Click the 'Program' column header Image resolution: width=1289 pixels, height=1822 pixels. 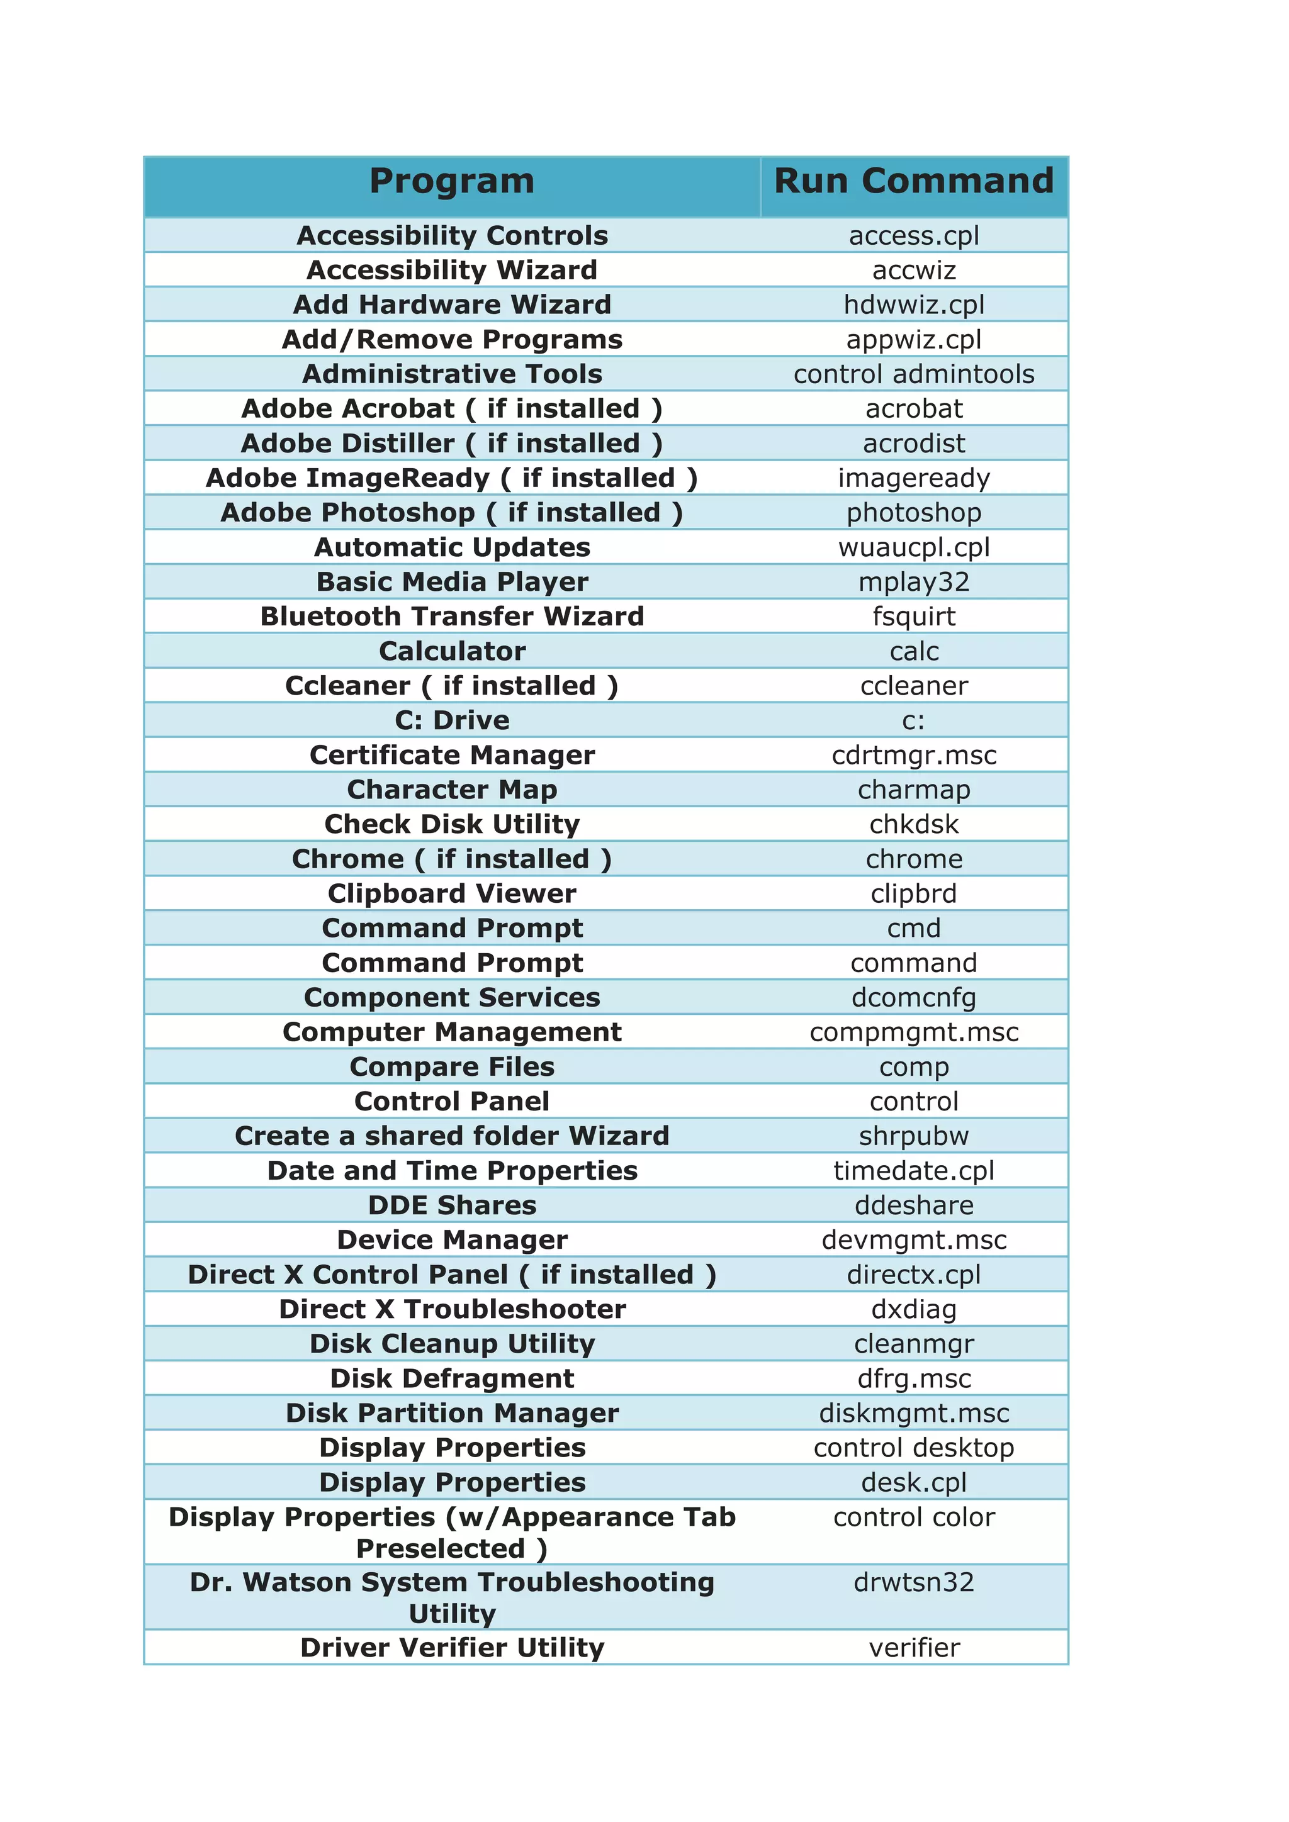452,182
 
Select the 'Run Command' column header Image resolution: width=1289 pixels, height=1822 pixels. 914,182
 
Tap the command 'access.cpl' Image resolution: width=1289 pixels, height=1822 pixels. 914,236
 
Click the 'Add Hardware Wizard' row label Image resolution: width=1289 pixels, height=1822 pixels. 452,305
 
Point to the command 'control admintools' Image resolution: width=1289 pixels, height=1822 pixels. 914,374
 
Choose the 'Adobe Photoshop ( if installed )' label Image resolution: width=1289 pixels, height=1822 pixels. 452,513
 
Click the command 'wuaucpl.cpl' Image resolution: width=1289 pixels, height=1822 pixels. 914,547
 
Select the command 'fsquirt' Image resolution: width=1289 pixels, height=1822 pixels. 914,617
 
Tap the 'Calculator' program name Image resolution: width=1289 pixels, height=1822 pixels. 452,652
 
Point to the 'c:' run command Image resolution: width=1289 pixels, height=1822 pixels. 914,720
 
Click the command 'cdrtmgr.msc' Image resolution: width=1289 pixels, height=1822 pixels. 914,756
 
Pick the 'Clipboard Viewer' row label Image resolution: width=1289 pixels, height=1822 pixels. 452,893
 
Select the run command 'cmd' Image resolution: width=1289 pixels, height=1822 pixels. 914,929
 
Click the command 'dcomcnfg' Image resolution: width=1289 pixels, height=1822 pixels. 914,997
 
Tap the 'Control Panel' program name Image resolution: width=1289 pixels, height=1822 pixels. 452,1102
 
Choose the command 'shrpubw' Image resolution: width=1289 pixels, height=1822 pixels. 914,1136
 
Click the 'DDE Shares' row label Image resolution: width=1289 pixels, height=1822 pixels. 452,1205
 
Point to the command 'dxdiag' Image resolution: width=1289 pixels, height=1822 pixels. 914,1309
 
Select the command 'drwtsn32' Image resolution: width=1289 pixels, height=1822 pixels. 914,1582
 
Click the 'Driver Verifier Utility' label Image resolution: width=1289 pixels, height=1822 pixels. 452,1648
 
